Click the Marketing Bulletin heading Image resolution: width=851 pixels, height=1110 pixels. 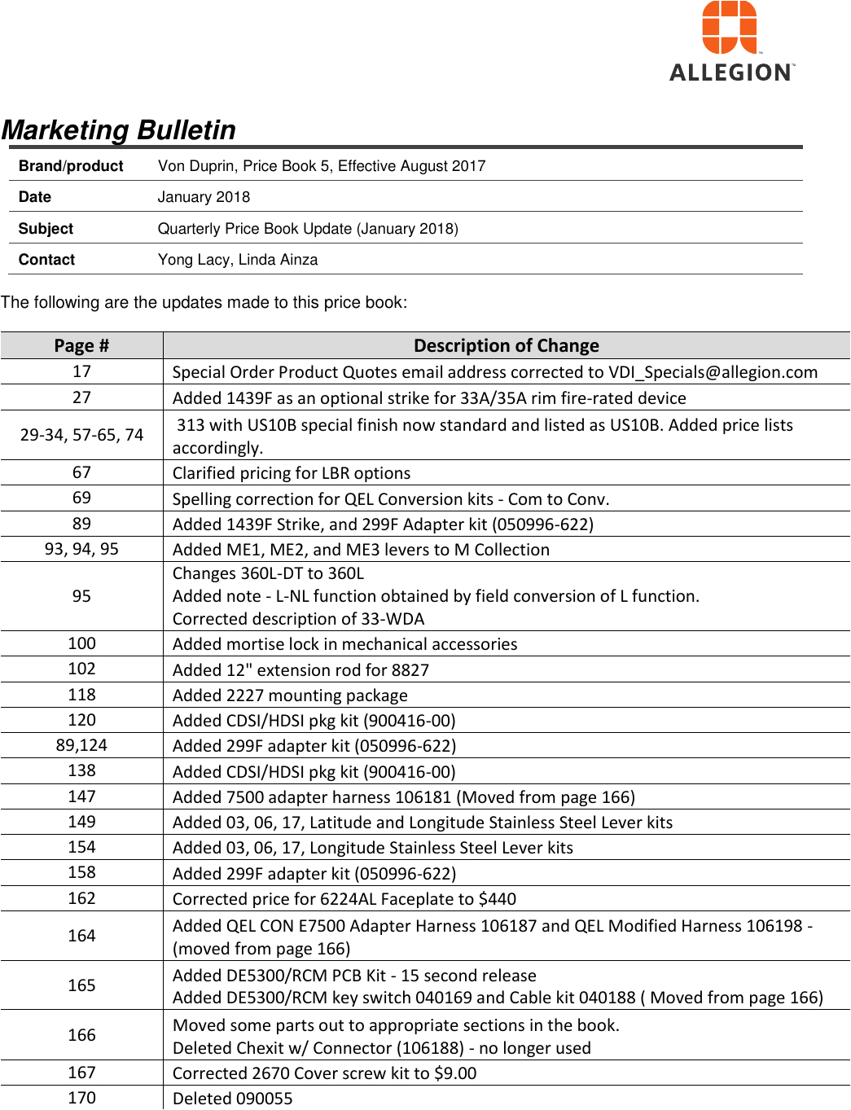(x=119, y=130)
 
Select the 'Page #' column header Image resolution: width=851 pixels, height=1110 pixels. (x=81, y=346)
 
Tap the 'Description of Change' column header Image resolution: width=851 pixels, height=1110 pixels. (x=506, y=346)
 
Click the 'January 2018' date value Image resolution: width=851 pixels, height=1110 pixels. (x=204, y=197)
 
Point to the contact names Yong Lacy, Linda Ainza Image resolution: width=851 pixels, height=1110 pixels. (x=238, y=260)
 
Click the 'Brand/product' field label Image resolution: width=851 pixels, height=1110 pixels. (x=71, y=166)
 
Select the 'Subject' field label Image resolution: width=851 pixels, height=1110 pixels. (x=46, y=229)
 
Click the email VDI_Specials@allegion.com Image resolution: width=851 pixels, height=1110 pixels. (x=713, y=372)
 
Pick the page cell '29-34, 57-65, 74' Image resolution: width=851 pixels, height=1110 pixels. (x=81, y=435)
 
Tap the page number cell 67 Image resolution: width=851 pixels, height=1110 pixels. (x=81, y=472)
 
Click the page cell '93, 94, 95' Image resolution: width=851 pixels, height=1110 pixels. (x=81, y=549)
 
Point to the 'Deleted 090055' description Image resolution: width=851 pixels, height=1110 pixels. (x=232, y=1099)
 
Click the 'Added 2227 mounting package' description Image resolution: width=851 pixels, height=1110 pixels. (x=290, y=695)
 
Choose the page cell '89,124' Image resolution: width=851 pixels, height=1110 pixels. (x=81, y=745)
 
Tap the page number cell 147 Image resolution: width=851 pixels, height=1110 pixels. (x=81, y=796)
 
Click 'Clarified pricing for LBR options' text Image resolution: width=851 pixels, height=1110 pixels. (x=292, y=473)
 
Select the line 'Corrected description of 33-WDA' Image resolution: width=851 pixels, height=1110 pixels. (x=298, y=619)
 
